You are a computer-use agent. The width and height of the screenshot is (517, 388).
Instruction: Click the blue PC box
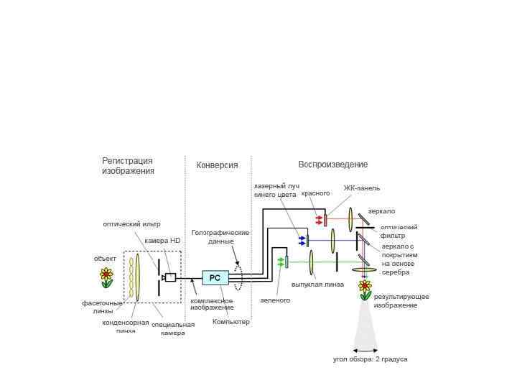coord(215,277)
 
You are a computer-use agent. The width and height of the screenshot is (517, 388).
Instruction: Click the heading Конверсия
coord(217,165)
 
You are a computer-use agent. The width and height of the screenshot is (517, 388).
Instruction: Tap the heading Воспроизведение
coord(333,165)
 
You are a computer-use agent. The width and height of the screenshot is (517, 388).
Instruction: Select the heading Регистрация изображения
coord(128,166)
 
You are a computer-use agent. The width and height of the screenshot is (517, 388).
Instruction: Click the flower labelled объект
coord(106,277)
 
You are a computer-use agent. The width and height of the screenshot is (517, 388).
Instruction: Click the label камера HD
coord(162,241)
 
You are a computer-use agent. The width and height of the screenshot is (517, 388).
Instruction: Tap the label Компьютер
coord(231,322)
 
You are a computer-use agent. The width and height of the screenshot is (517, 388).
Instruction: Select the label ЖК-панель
coord(362,188)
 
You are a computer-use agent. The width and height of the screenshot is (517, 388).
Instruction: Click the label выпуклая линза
coord(317,285)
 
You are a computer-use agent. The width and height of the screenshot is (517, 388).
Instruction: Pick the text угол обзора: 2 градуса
coord(371,359)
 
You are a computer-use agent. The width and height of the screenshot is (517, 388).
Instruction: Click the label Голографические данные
coord(220,237)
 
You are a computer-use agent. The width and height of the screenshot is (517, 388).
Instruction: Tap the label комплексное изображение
coord(211,304)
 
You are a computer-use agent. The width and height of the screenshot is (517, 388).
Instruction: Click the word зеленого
coord(275,300)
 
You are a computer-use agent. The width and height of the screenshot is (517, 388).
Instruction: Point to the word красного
coord(316,193)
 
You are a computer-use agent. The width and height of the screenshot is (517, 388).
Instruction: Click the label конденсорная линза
coord(126,326)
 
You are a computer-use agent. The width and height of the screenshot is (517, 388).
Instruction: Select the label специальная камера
coord(173,329)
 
